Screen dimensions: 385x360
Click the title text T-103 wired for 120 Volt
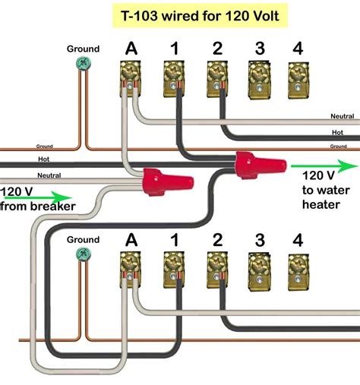pos(179,14)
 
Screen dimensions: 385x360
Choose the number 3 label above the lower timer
pos(259,240)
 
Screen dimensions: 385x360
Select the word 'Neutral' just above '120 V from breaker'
pos(49,175)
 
